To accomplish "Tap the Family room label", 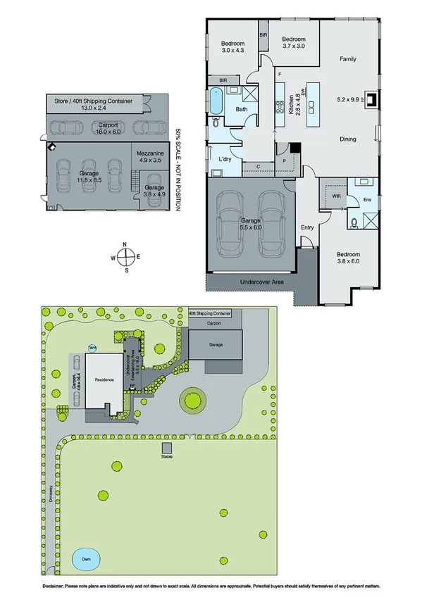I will click(x=347, y=59).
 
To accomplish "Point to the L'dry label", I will click(x=225, y=159).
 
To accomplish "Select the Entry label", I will click(x=307, y=227).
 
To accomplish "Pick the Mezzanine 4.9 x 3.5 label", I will click(x=151, y=156).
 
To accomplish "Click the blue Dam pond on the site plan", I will click(x=86, y=559).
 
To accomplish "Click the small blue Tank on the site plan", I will click(x=92, y=347).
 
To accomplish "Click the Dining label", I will click(x=347, y=139).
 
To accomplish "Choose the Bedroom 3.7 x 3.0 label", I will click(x=293, y=43).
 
